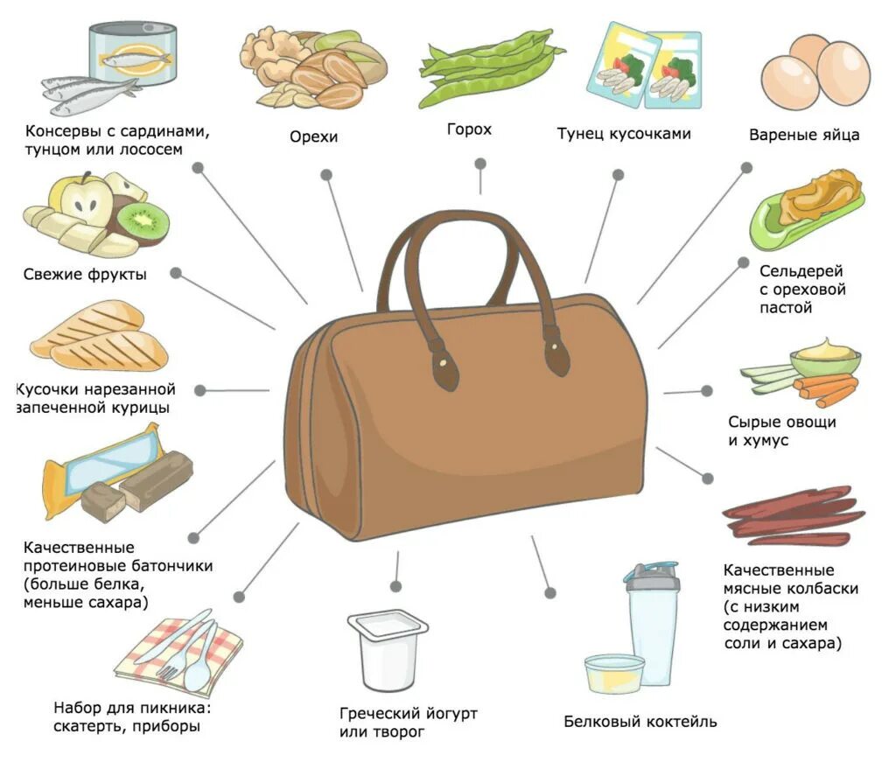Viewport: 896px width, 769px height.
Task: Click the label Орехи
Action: point(313,136)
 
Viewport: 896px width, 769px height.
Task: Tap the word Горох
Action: point(469,129)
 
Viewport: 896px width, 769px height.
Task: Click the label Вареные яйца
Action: point(804,135)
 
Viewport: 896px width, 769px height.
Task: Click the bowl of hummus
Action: point(824,357)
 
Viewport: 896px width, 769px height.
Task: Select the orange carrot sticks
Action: point(824,388)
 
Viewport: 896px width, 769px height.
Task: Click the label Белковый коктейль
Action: point(640,722)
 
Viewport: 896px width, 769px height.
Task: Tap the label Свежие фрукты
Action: point(85,275)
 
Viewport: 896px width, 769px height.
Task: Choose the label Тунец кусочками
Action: point(624,134)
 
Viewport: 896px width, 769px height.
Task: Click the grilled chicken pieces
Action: point(98,336)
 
